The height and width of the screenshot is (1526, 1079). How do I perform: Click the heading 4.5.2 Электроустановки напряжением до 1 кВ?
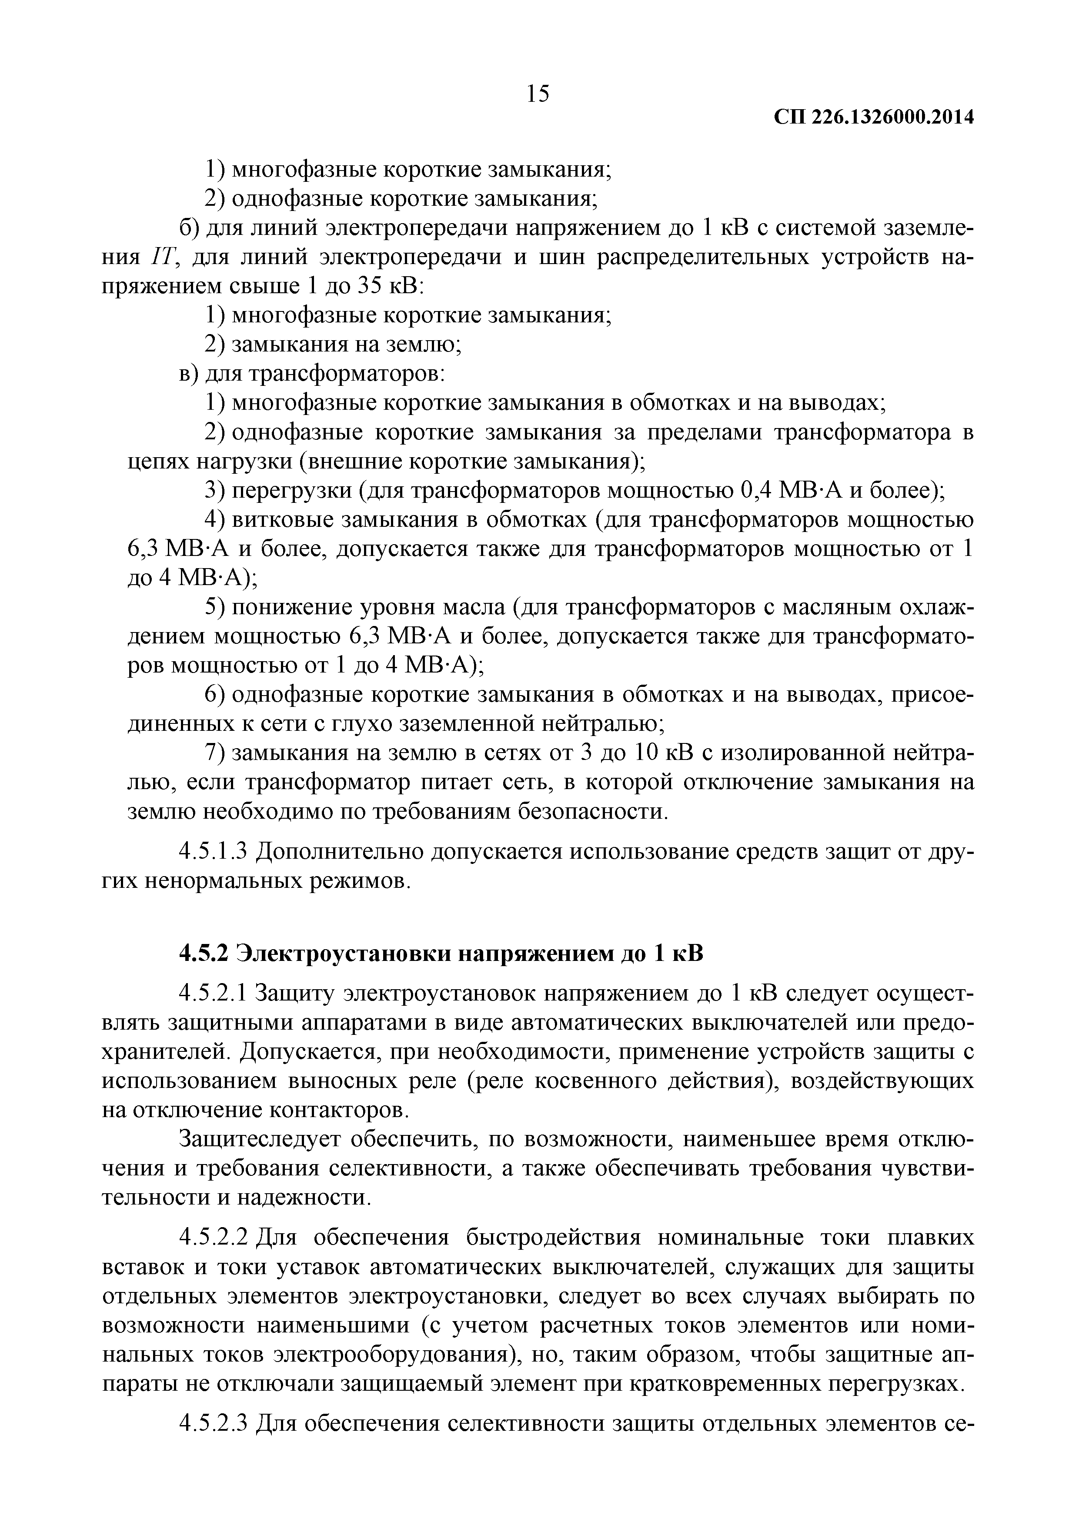(x=441, y=953)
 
